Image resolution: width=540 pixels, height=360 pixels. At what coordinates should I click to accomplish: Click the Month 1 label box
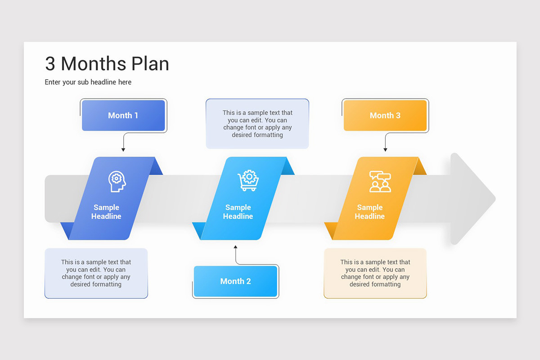[x=123, y=116]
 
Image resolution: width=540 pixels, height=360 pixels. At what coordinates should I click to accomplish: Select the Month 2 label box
[x=235, y=281]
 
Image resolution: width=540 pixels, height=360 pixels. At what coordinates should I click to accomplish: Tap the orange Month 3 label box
[x=385, y=116]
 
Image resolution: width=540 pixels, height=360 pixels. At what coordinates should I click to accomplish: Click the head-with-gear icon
[x=117, y=181]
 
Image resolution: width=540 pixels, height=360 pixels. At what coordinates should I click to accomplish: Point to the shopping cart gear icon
[x=248, y=180]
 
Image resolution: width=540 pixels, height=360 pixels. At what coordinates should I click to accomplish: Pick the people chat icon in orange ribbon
[x=380, y=181]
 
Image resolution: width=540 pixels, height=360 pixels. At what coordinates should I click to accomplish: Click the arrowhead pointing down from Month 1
[x=123, y=150]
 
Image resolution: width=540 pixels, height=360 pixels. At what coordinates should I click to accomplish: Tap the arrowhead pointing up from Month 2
[x=235, y=247]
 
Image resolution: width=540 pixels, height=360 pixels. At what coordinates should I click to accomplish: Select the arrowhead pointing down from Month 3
[x=385, y=150]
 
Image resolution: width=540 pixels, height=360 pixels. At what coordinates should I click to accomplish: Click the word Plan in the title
[x=150, y=64]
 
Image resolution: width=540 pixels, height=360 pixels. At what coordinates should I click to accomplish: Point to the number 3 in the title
[x=50, y=64]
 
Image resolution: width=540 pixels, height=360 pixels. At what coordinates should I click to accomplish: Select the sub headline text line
[x=88, y=82]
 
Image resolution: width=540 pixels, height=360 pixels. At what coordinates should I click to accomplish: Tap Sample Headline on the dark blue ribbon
[x=106, y=212]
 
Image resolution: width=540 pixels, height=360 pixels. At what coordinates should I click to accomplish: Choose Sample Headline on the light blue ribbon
[x=238, y=212]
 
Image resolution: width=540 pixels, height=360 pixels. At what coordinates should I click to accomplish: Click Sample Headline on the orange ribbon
[x=369, y=212]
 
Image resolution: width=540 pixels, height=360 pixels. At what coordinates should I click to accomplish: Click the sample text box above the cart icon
[x=257, y=124]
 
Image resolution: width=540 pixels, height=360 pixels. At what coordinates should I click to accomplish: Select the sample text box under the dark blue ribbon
[x=96, y=273]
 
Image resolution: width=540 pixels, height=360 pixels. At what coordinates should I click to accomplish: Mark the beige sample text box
[x=375, y=273]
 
